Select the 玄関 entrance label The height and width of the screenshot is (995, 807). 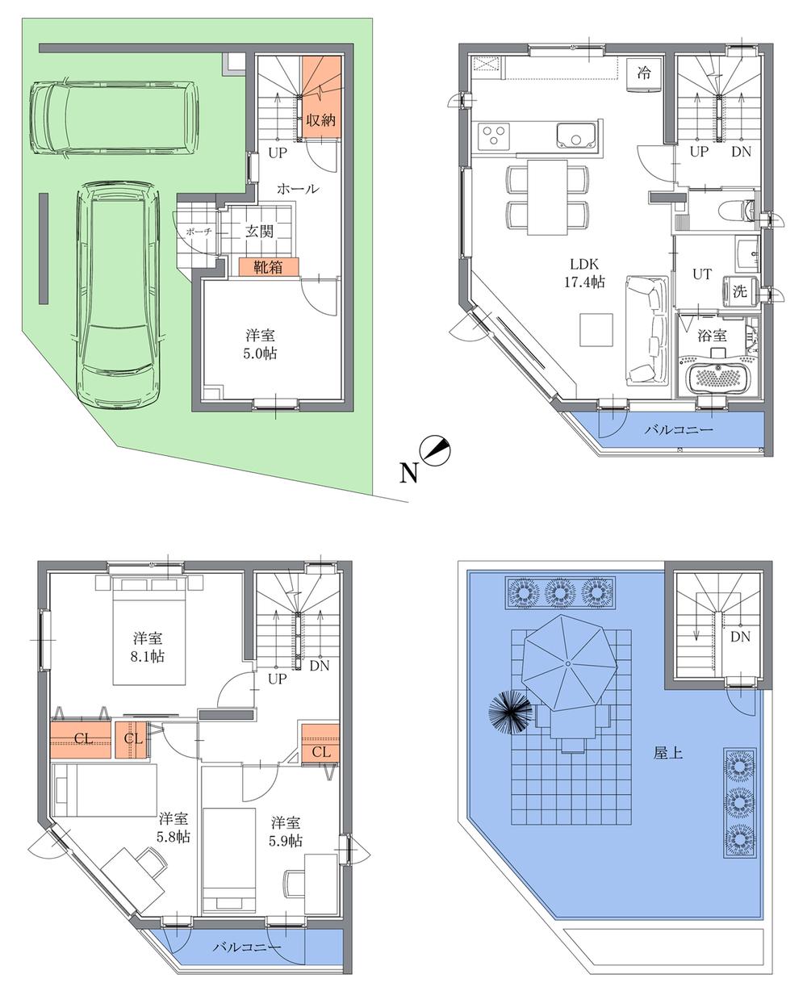click(260, 231)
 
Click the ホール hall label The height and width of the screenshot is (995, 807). click(298, 189)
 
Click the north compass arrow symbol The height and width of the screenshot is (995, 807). click(437, 451)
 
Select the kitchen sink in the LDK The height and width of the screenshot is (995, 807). click(576, 136)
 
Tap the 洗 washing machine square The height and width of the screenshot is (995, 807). click(739, 292)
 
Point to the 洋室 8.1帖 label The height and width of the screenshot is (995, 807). click(148, 645)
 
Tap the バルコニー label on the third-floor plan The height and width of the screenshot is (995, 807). click(247, 947)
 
